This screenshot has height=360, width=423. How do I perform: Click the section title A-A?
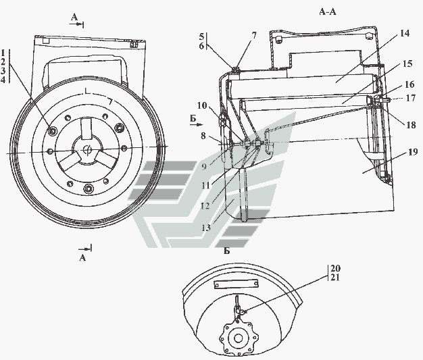click(x=328, y=12)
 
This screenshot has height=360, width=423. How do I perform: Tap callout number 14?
click(x=404, y=34)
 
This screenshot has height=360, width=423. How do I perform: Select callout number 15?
click(x=407, y=64)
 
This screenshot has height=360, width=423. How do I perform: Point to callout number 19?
click(x=412, y=152)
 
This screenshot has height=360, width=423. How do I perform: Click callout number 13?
click(x=206, y=228)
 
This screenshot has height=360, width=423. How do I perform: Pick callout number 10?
click(x=202, y=105)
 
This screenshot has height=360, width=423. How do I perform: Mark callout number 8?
click(x=203, y=136)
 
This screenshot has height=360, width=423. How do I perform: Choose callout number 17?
click(x=411, y=98)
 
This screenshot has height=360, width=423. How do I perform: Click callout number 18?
click(x=411, y=125)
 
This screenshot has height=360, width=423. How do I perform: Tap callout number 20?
click(x=335, y=268)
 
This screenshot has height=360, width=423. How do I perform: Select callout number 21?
click(x=334, y=277)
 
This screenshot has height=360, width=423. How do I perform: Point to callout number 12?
click(x=205, y=206)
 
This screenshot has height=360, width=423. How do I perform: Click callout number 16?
click(x=409, y=84)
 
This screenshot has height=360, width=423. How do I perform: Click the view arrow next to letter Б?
click(x=197, y=124)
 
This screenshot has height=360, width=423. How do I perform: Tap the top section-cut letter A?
click(x=74, y=18)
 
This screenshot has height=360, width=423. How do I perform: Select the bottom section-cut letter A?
click(x=82, y=258)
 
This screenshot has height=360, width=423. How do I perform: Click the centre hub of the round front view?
click(x=87, y=149)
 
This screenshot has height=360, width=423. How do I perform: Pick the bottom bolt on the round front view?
click(x=89, y=188)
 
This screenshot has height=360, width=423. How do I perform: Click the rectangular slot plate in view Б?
click(x=237, y=284)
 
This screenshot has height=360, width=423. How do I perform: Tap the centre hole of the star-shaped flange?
click(x=239, y=338)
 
